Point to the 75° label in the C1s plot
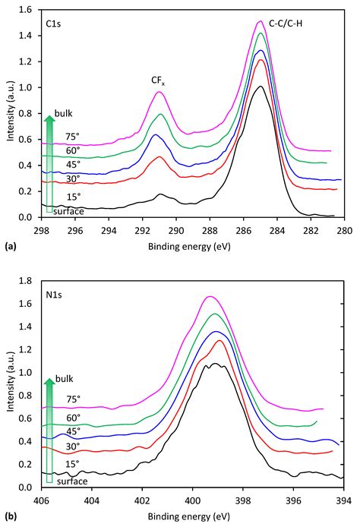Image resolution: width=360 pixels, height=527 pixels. [73, 137]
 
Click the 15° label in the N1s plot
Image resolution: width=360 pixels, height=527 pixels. [73, 462]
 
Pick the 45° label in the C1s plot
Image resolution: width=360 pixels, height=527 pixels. [73, 166]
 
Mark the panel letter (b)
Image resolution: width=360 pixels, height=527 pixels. [9, 516]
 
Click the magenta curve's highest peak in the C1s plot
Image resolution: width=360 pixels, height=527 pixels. [261, 21]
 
